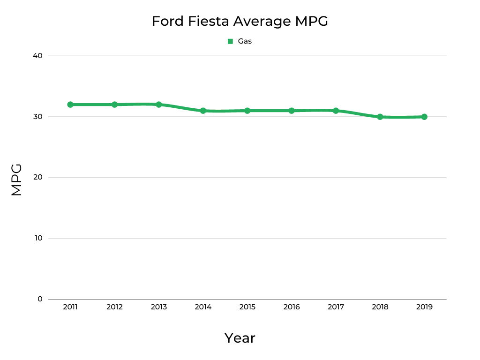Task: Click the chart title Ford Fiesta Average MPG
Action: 240,22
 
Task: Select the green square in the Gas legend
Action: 230,41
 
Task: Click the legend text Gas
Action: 245,41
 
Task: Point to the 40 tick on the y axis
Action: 37,56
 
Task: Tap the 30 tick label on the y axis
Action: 37,117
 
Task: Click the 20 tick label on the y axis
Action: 37,178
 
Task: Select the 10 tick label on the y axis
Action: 37,238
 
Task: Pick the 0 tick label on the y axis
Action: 40,299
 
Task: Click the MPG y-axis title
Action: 17,180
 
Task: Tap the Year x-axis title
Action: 240,338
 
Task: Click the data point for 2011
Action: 70,105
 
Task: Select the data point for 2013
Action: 159,105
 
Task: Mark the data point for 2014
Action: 203,111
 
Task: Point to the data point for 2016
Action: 292,111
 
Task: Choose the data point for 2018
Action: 380,117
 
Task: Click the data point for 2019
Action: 424,117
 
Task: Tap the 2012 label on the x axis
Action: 114,307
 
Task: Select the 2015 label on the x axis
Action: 247,307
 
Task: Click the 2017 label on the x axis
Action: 336,307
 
